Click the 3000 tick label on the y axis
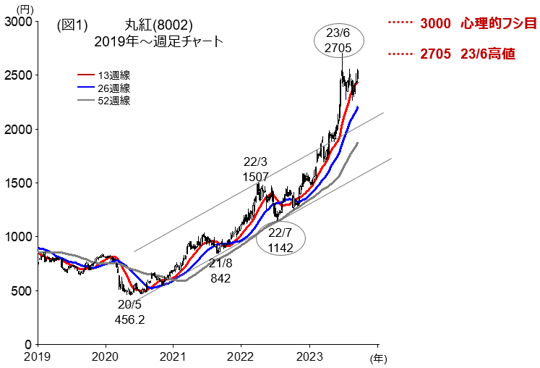(17, 22)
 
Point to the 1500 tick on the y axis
(17, 183)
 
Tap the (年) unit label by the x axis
(379, 358)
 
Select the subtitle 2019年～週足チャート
(159, 42)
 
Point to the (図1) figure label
(72, 25)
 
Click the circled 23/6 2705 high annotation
(338, 41)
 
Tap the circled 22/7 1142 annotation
(280, 240)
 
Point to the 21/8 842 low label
(222, 270)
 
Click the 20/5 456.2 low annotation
(130, 311)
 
